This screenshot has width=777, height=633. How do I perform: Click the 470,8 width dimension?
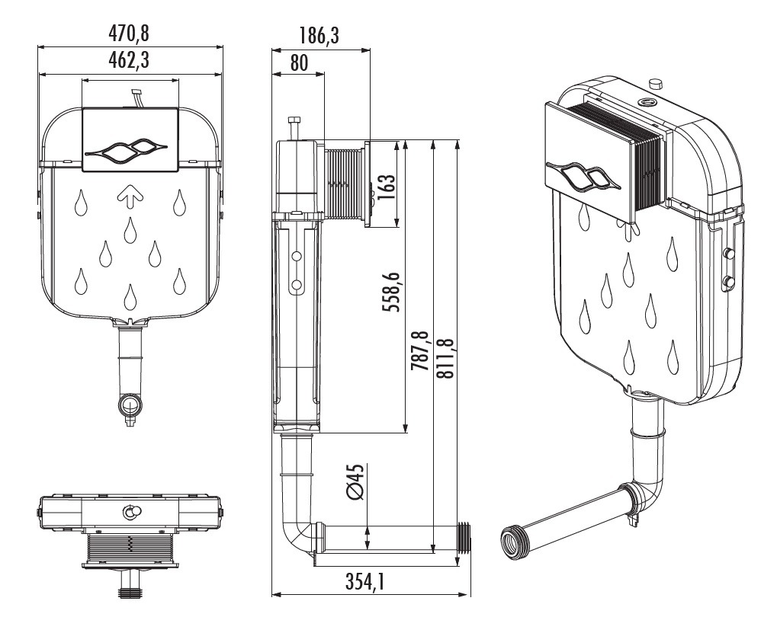coord(130,34)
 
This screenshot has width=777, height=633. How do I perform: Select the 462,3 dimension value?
coord(130,62)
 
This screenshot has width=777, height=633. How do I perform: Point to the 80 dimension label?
coord(298,62)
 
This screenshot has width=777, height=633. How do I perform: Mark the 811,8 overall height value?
coord(445,358)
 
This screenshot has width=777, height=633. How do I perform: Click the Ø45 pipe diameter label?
coord(355,481)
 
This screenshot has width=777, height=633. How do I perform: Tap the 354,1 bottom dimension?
coord(364,583)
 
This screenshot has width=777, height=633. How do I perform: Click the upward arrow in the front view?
coord(130,197)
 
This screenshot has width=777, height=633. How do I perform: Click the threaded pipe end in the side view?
coord(465,536)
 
